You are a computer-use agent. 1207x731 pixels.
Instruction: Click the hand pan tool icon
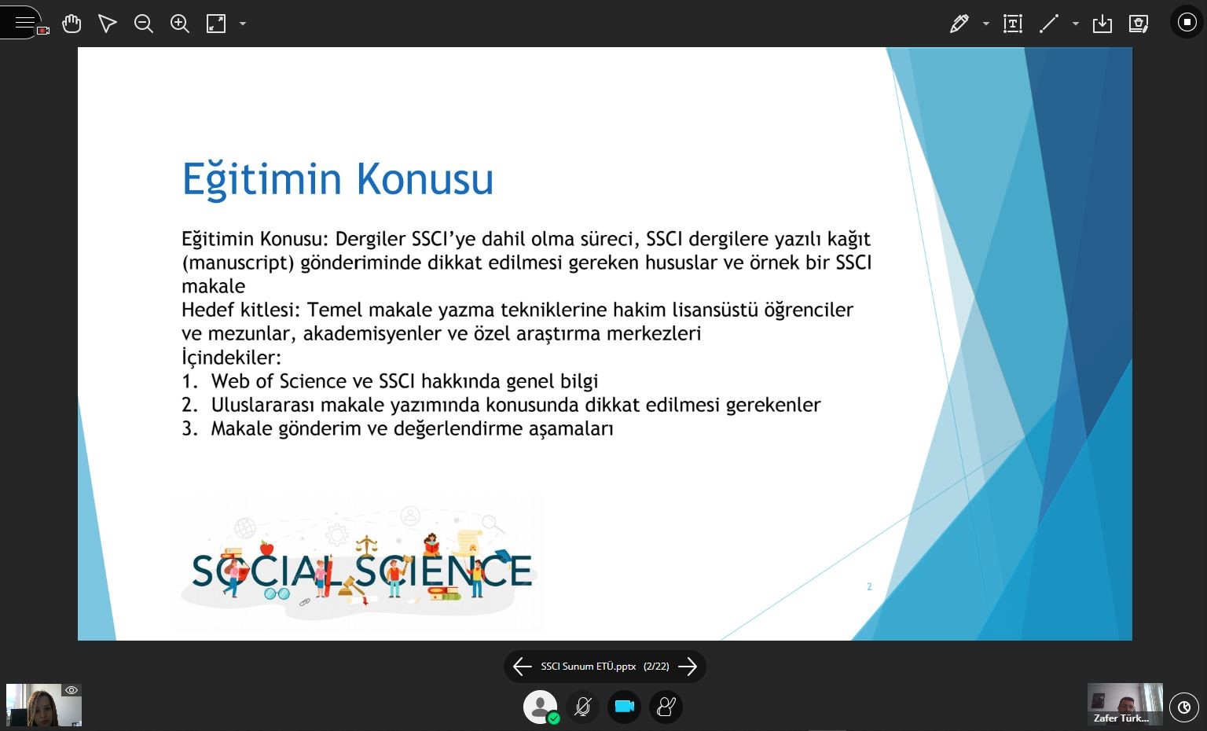[x=72, y=24]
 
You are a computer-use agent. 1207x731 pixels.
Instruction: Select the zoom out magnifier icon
[x=143, y=24]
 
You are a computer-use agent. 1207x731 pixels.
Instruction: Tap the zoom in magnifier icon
[x=179, y=24]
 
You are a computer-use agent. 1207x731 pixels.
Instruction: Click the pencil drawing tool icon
[x=959, y=24]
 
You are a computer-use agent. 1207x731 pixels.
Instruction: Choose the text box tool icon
[x=1012, y=24]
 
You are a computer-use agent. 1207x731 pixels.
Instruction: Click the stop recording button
[x=1187, y=23]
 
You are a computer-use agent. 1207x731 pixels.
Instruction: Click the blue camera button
[x=624, y=706]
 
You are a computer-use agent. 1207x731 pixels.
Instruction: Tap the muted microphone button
[x=582, y=706]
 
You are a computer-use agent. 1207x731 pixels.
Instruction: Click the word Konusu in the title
[x=424, y=178]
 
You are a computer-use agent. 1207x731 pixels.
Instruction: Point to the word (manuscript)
[x=237, y=263]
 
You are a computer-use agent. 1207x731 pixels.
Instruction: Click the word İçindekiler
[x=231, y=357]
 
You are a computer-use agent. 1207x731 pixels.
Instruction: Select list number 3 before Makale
[x=189, y=428]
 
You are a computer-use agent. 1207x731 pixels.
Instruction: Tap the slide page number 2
[x=869, y=586]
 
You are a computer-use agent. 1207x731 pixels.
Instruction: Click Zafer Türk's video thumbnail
[x=1124, y=704]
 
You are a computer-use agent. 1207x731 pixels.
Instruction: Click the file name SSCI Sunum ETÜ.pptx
[x=589, y=667]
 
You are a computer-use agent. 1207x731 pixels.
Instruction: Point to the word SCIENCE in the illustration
[x=443, y=571]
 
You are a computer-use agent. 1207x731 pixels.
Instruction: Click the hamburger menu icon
[x=24, y=23]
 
